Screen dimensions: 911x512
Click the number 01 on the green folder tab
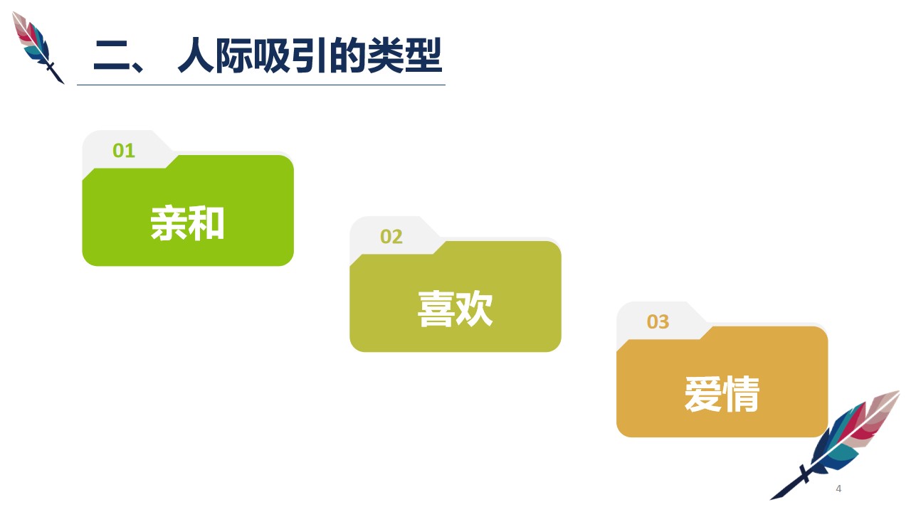(124, 151)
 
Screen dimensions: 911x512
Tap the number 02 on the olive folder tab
(391, 237)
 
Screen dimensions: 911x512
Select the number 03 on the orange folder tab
(658, 322)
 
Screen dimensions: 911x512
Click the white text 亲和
(187, 223)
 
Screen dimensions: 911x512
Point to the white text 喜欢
(455, 309)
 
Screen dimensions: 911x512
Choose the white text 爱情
(722, 394)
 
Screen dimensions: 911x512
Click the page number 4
(838, 489)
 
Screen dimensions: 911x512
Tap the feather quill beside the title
(38, 47)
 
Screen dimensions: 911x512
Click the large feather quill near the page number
(836, 444)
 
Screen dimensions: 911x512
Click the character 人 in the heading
(196, 55)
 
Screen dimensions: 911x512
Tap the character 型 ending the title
(423, 55)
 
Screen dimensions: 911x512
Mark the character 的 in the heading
(348, 55)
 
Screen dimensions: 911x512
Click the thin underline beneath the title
(261, 85)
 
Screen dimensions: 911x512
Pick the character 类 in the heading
(386, 55)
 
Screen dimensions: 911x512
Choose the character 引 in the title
(310, 55)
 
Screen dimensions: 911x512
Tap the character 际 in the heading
(234, 55)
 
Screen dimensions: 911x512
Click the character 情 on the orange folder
(742, 394)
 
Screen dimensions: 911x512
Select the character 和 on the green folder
(207, 223)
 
